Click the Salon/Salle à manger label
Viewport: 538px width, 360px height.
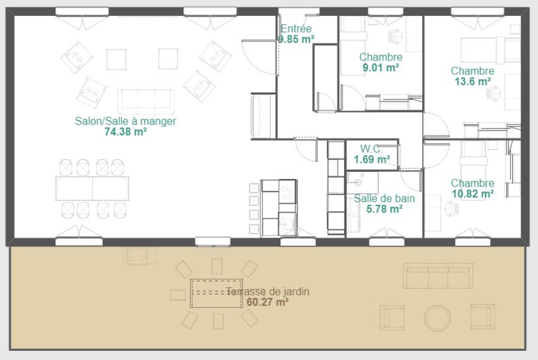pos(126,121)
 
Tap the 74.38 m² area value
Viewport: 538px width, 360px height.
pos(126,132)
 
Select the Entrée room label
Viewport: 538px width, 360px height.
pos(296,29)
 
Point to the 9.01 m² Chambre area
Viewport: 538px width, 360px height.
pos(380,67)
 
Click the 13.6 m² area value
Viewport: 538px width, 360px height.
pos(473,82)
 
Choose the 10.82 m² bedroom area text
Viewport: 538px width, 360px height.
pos(473,194)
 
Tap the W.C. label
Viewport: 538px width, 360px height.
pos(372,149)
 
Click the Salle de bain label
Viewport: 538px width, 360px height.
pos(384,198)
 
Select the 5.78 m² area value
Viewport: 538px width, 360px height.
pos(384,209)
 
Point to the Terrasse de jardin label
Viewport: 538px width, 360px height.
pos(268,291)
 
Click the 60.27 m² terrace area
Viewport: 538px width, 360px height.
pos(268,302)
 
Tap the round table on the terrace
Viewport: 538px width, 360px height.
pos(437,318)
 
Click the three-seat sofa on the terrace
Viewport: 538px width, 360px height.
pos(438,276)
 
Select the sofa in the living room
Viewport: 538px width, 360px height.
pos(146,102)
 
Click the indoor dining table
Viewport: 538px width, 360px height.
pos(92,188)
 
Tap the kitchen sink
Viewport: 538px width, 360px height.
pos(287,224)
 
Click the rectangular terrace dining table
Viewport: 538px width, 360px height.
pos(216,293)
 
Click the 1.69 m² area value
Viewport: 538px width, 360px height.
pos(372,160)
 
